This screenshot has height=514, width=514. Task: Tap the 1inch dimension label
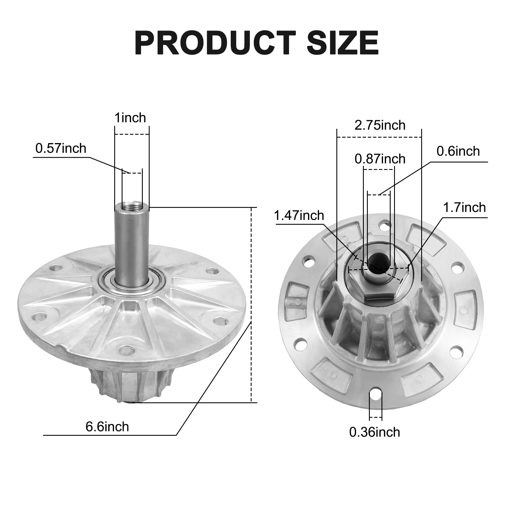(130, 118)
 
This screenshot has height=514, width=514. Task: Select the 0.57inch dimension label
(61, 148)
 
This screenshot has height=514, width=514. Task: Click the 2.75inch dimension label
(380, 125)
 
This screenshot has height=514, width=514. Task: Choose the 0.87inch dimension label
(380, 159)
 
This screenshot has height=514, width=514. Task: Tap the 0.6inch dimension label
(458, 151)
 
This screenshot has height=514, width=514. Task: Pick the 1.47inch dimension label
(299, 216)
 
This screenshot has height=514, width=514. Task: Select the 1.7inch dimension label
(464, 207)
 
